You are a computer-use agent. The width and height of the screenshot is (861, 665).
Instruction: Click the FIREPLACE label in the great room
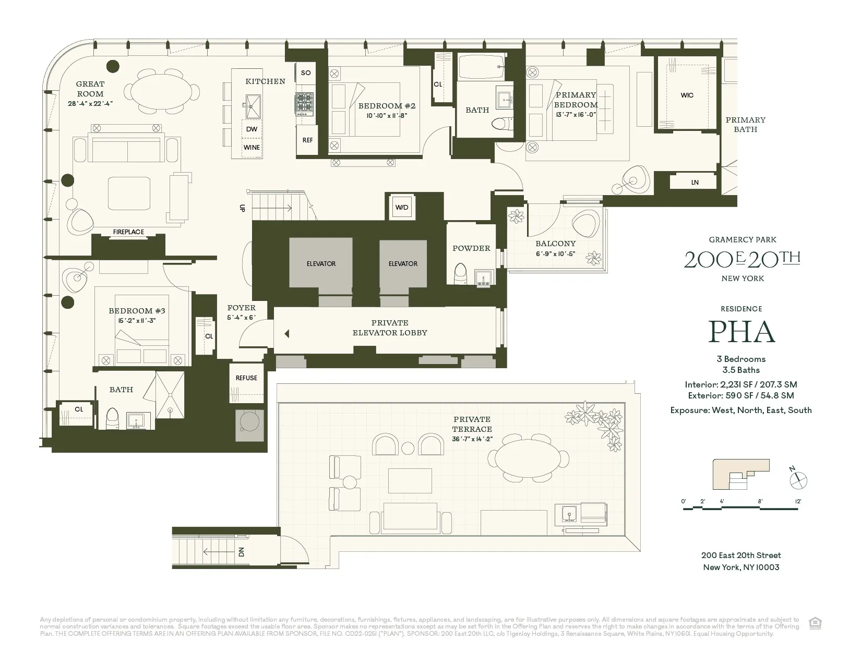(128, 232)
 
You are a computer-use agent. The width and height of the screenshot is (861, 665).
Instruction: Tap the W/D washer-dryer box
(402, 207)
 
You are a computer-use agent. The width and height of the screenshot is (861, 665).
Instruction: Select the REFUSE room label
(246, 378)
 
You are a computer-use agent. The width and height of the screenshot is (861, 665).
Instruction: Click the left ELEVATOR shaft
(321, 264)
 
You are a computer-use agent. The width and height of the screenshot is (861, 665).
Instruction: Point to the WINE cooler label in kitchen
(252, 148)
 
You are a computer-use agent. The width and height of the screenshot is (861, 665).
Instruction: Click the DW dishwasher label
(252, 129)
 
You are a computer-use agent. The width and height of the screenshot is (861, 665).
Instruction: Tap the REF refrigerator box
(307, 140)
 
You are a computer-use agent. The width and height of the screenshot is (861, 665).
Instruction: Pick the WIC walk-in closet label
(687, 95)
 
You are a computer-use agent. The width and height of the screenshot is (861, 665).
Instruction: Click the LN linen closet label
(695, 182)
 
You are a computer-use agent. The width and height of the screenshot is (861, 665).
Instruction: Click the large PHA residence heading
(741, 332)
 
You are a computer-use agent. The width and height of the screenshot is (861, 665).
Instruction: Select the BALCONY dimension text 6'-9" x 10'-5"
(556, 254)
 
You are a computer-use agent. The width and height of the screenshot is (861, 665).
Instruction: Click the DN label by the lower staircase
(242, 551)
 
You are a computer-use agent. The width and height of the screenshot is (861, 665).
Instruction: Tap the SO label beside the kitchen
(306, 72)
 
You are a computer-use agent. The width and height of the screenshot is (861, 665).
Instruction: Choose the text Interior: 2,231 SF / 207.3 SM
(741, 384)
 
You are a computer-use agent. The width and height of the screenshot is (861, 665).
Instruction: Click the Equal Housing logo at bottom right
(814, 623)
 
